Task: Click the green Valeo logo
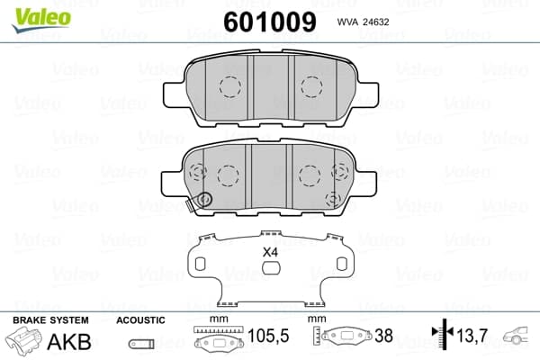[41, 19]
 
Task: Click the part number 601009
[270, 22]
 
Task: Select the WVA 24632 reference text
[363, 22]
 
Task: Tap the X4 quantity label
[270, 253]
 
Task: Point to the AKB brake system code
[69, 342]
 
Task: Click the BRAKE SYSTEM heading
[50, 320]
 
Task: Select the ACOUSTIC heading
[140, 320]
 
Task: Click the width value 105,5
[268, 336]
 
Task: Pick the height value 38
[383, 336]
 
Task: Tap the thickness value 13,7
[472, 335]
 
